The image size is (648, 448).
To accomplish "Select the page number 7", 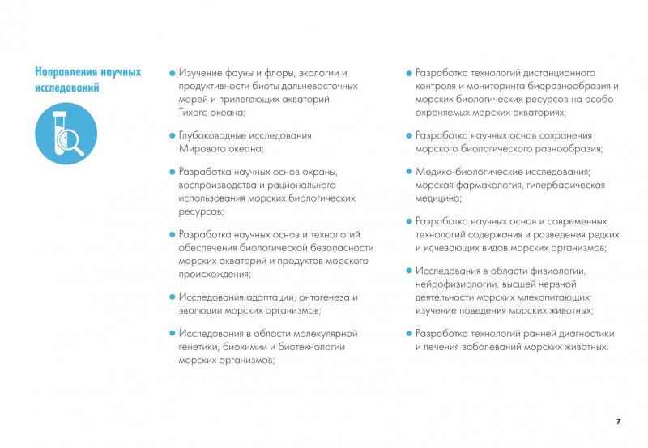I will [618, 421].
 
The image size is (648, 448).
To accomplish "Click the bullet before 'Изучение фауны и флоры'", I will [172, 73].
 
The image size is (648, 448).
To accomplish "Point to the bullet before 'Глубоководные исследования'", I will [172, 136].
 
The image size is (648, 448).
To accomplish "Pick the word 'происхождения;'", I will [215, 275].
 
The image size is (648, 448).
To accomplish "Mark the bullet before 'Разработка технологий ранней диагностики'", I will [409, 334].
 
